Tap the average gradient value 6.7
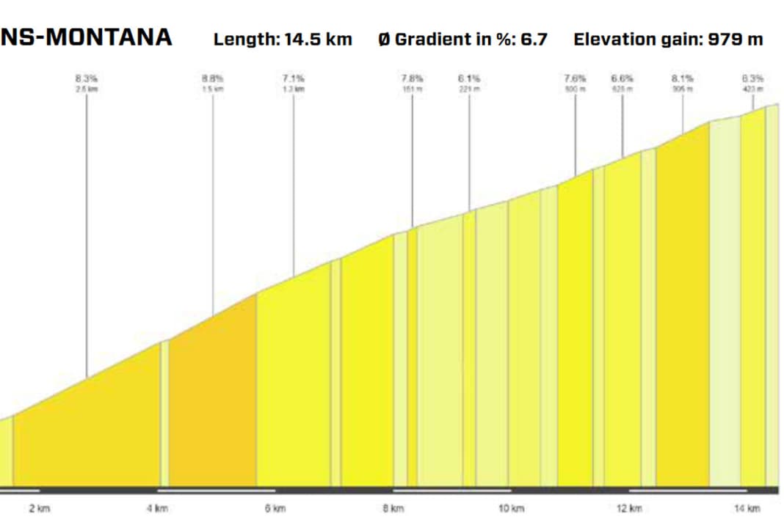[x=534, y=40]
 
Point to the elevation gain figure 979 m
[x=735, y=40]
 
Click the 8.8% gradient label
[x=213, y=77]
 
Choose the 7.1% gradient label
[x=294, y=77]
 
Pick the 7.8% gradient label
[x=412, y=77]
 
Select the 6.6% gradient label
[x=623, y=77]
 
